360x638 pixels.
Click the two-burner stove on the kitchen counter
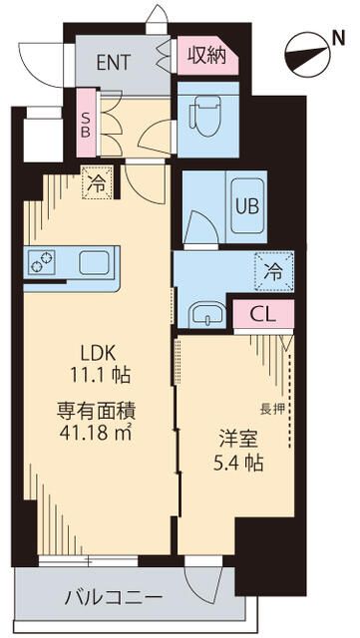[43, 262]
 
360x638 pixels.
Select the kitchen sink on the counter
[95, 262]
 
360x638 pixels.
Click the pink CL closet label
[263, 315]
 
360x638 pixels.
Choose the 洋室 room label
[235, 437]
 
